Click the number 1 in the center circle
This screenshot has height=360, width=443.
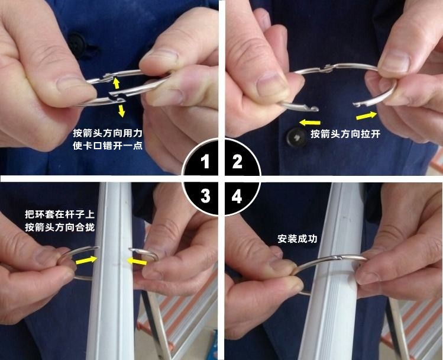click(205, 162)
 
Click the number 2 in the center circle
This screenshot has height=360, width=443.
click(237, 162)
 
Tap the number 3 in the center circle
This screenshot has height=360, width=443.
click(205, 196)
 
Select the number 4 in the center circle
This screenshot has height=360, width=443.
click(237, 196)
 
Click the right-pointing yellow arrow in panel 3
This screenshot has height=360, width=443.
click(87, 258)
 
